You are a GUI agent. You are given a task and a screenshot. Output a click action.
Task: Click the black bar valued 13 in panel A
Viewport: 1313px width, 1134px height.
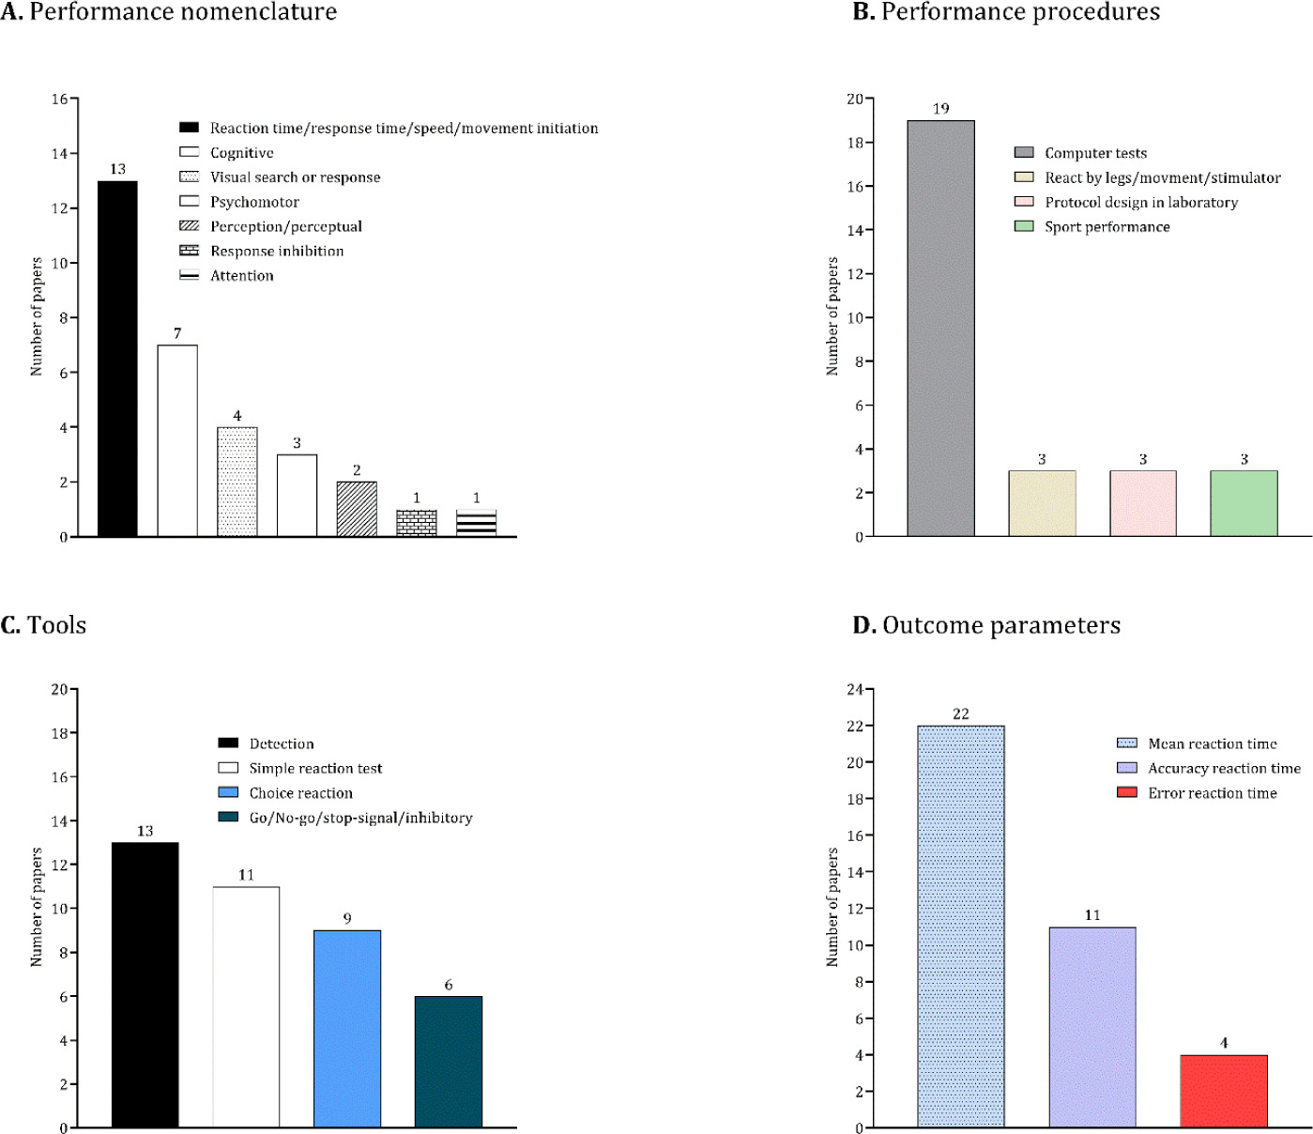point(117,359)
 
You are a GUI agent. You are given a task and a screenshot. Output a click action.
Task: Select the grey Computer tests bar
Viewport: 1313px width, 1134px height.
point(940,329)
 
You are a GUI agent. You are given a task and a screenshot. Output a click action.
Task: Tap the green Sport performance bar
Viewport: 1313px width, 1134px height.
point(1244,503)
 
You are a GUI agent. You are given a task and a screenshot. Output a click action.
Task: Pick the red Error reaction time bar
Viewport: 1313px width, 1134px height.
point(1223,1091)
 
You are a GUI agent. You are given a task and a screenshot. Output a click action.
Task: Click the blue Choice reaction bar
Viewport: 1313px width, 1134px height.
point(347,1029)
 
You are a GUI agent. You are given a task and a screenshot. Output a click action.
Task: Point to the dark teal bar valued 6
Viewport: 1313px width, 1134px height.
point(448,1062)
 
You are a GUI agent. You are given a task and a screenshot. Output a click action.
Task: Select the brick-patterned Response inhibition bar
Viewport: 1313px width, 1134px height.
point(417,524)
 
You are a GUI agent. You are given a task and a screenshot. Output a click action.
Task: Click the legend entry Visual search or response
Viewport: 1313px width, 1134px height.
point(295,177)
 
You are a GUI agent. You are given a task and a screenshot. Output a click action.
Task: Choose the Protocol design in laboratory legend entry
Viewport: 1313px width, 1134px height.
point(1140,202)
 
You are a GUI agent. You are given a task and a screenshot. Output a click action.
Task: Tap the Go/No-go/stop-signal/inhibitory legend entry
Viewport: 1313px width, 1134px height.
point(360,818)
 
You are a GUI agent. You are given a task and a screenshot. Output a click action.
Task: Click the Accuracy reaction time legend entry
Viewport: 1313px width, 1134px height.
point(1224,768)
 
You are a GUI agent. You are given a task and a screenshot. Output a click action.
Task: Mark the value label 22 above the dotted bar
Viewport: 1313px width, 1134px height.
point(960,714)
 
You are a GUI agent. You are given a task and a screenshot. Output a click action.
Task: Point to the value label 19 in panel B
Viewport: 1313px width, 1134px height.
point(940,109)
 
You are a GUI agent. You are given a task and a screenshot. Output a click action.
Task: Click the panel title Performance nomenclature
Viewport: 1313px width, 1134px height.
point(183,12)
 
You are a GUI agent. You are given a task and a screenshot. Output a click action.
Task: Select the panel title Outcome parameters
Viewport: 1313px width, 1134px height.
point(1000,625)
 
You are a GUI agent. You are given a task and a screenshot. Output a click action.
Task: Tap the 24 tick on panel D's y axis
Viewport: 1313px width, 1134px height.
point(854,689)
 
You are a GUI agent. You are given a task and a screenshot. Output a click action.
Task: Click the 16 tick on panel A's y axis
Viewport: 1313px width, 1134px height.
point(59,99)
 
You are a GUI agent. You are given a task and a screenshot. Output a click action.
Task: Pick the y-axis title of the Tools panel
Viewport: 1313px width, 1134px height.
point(37,907)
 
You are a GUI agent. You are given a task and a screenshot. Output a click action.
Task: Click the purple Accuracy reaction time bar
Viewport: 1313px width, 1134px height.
point(1092,1027)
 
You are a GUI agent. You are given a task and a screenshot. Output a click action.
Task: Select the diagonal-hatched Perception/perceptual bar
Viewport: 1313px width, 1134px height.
point(357,509)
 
